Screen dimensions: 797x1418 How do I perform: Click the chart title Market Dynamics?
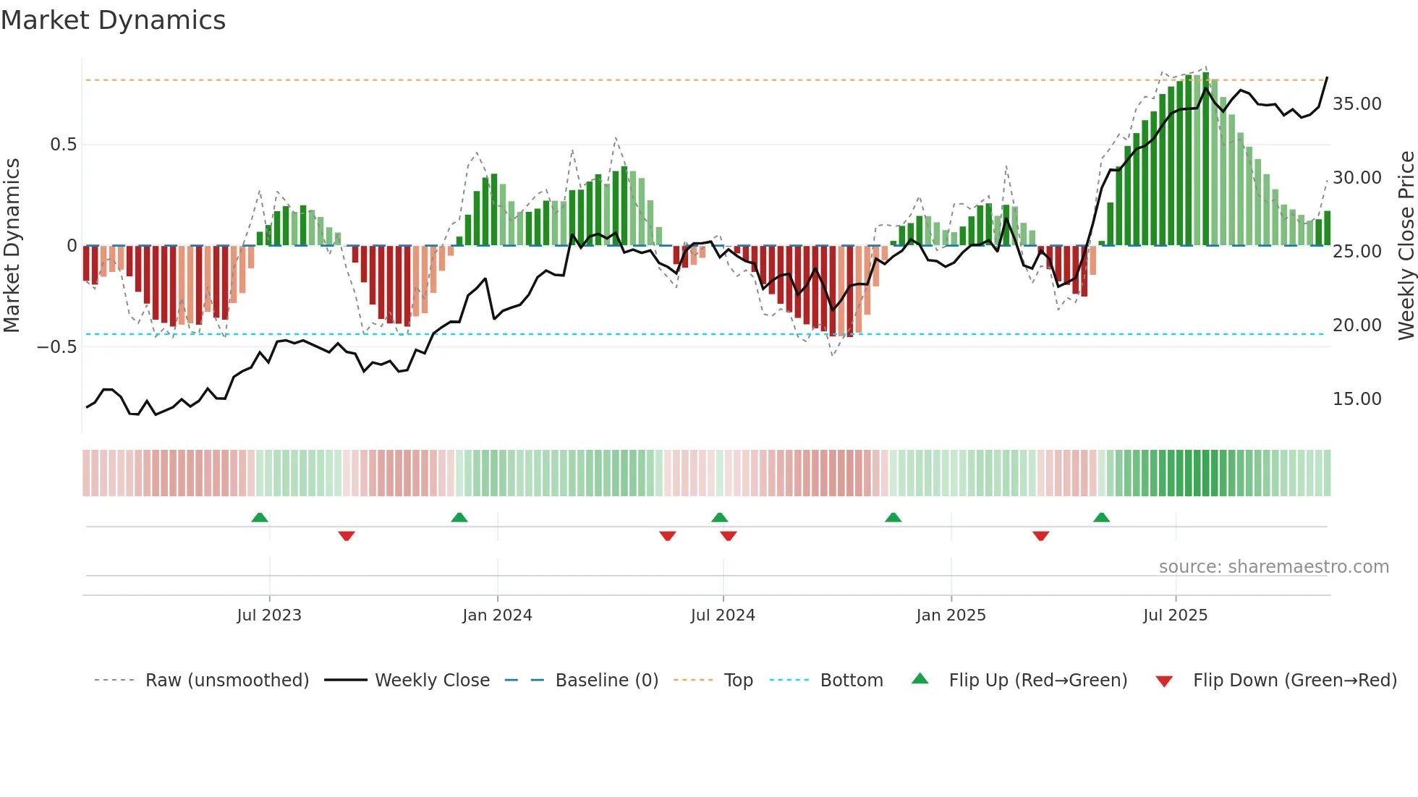point(113,20)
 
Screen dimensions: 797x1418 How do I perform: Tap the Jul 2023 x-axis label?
point(269,615)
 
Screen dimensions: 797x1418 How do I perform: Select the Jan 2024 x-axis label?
point(497,615)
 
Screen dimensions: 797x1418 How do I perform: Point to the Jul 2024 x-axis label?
point(723,615)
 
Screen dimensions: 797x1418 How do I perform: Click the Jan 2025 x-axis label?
point(951,615)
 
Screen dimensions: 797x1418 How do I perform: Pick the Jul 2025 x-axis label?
point(1176,615)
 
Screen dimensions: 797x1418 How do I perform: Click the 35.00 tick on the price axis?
point(1357,104)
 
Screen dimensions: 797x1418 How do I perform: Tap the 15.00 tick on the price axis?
point(1357,399)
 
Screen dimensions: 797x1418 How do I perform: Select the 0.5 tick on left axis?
point(63,145)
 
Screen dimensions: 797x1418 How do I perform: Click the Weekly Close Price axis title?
point(1406,246)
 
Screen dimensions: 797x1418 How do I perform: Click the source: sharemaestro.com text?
point(1273,567)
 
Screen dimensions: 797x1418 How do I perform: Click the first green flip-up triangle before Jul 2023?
point(260,517)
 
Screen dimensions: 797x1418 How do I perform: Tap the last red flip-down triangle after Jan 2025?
point(1041,536)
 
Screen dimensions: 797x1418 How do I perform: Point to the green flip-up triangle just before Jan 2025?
point(893,517)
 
